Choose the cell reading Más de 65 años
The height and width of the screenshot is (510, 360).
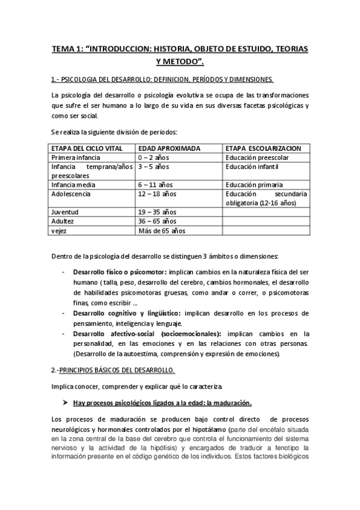pos(162,230)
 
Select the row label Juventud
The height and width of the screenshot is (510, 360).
pos(65,212)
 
